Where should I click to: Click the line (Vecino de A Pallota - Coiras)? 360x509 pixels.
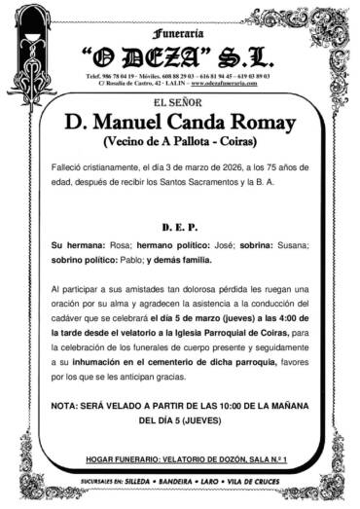pyautogui.click(x=179, y=143)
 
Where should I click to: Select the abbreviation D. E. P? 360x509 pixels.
pyautogui.click(x=179, y=224)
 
